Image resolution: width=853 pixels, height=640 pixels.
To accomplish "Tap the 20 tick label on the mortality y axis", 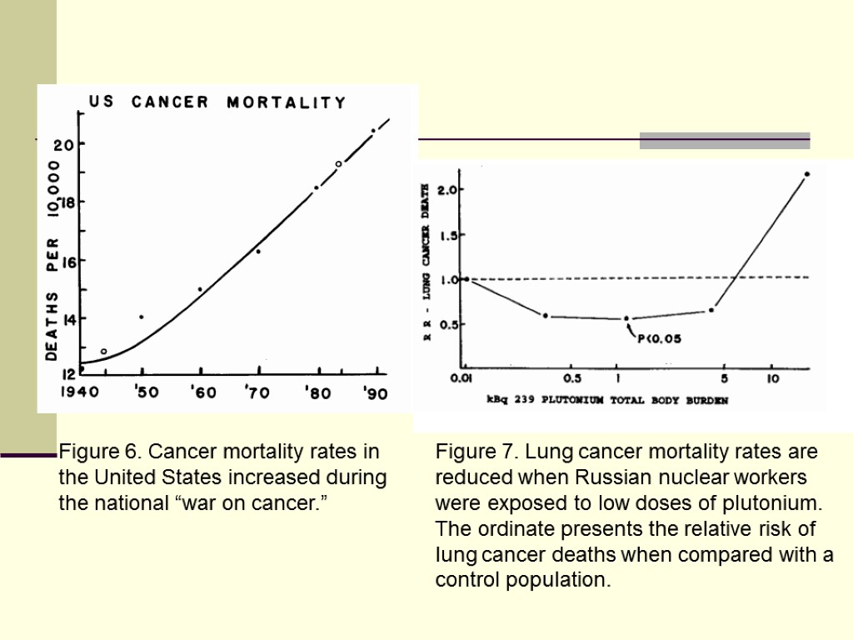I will (63, 144).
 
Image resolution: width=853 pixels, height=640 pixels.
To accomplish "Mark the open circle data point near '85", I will (338, 164).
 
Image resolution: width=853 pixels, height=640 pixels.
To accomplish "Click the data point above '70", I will (258, 251).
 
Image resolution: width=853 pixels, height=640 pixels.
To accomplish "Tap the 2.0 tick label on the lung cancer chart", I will (448, 190).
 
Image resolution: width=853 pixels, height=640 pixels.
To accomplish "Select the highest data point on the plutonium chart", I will (807, 174).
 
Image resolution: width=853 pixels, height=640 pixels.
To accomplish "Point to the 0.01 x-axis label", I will (461, 379).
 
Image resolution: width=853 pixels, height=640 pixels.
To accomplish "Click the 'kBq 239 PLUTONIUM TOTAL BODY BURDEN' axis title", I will (607, 400).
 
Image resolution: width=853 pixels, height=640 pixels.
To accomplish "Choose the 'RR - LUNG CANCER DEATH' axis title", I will (427, 263).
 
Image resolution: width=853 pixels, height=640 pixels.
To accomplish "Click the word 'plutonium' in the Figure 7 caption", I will (779, 504).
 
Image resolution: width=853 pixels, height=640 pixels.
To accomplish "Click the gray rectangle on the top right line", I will (725, 140).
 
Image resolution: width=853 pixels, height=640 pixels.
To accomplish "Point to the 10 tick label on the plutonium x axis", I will (772, 379).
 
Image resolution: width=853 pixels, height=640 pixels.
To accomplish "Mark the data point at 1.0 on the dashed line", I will (466, 279).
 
